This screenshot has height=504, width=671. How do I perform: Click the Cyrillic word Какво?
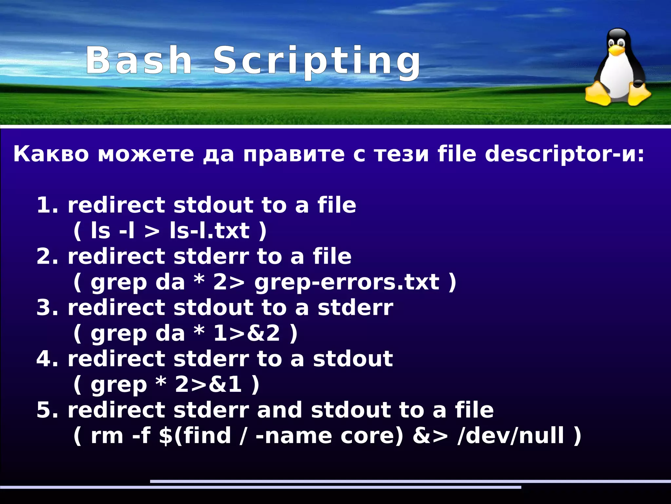[51, 154]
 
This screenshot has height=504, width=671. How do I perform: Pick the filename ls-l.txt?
[210, 231]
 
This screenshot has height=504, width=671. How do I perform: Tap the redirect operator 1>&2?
[247, 333]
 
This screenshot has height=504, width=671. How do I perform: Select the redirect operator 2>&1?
[208, 385]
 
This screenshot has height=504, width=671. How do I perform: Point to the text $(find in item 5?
[195, 436]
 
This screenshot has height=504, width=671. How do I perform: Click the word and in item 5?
[279, 410]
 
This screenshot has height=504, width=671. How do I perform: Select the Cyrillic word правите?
[294, 154]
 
